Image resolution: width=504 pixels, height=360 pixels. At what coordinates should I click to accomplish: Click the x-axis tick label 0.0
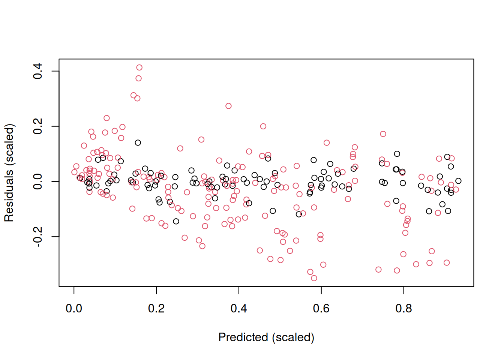74,309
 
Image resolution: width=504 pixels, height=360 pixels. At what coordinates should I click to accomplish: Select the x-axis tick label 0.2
156,309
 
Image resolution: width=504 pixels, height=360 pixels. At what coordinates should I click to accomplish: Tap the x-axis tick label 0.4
239,309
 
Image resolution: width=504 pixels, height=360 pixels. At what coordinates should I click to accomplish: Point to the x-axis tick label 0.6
321,309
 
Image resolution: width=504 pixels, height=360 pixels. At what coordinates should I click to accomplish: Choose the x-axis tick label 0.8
403,309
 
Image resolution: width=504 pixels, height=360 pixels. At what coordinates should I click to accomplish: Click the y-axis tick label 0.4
37,71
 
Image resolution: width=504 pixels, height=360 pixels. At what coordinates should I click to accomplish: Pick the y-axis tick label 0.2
37,126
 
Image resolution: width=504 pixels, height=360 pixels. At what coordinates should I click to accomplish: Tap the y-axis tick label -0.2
37,237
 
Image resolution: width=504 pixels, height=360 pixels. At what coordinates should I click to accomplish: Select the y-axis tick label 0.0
37,181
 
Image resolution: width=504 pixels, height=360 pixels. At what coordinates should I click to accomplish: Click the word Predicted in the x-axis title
243,337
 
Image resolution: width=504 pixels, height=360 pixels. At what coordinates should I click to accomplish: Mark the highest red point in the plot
139,67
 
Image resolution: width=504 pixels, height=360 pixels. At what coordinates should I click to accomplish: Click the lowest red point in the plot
314,278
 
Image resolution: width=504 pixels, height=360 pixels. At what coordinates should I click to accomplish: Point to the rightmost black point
458,181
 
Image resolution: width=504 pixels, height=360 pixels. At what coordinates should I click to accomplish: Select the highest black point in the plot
138,142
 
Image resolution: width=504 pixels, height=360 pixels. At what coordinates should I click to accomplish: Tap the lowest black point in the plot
176,221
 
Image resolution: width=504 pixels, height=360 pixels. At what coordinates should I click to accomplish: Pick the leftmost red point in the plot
74,172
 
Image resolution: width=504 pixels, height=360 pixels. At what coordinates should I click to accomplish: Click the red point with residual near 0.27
228,106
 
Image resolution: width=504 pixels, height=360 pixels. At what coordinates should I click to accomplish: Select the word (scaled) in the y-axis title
10,144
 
